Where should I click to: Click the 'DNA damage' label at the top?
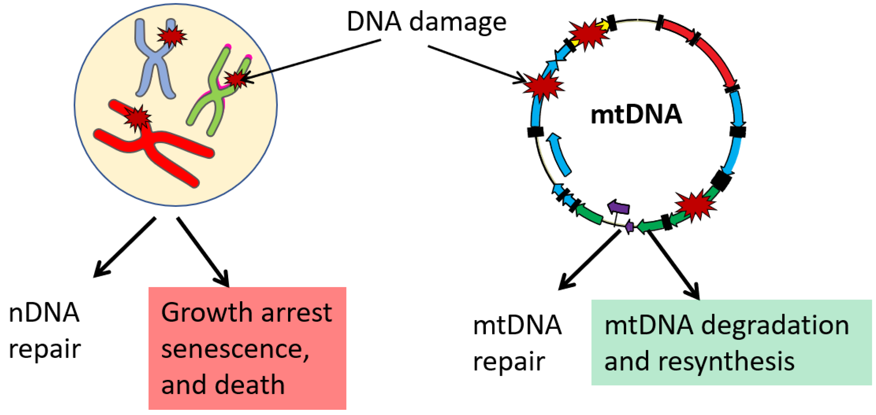(426, 22)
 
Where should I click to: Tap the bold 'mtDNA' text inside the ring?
(636, 115)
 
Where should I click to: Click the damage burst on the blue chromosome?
(171, 36)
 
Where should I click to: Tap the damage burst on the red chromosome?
(137, 117)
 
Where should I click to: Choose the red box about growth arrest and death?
(247, 348)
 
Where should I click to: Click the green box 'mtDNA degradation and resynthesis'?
(731, 342)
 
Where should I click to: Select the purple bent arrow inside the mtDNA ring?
(618, 207)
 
